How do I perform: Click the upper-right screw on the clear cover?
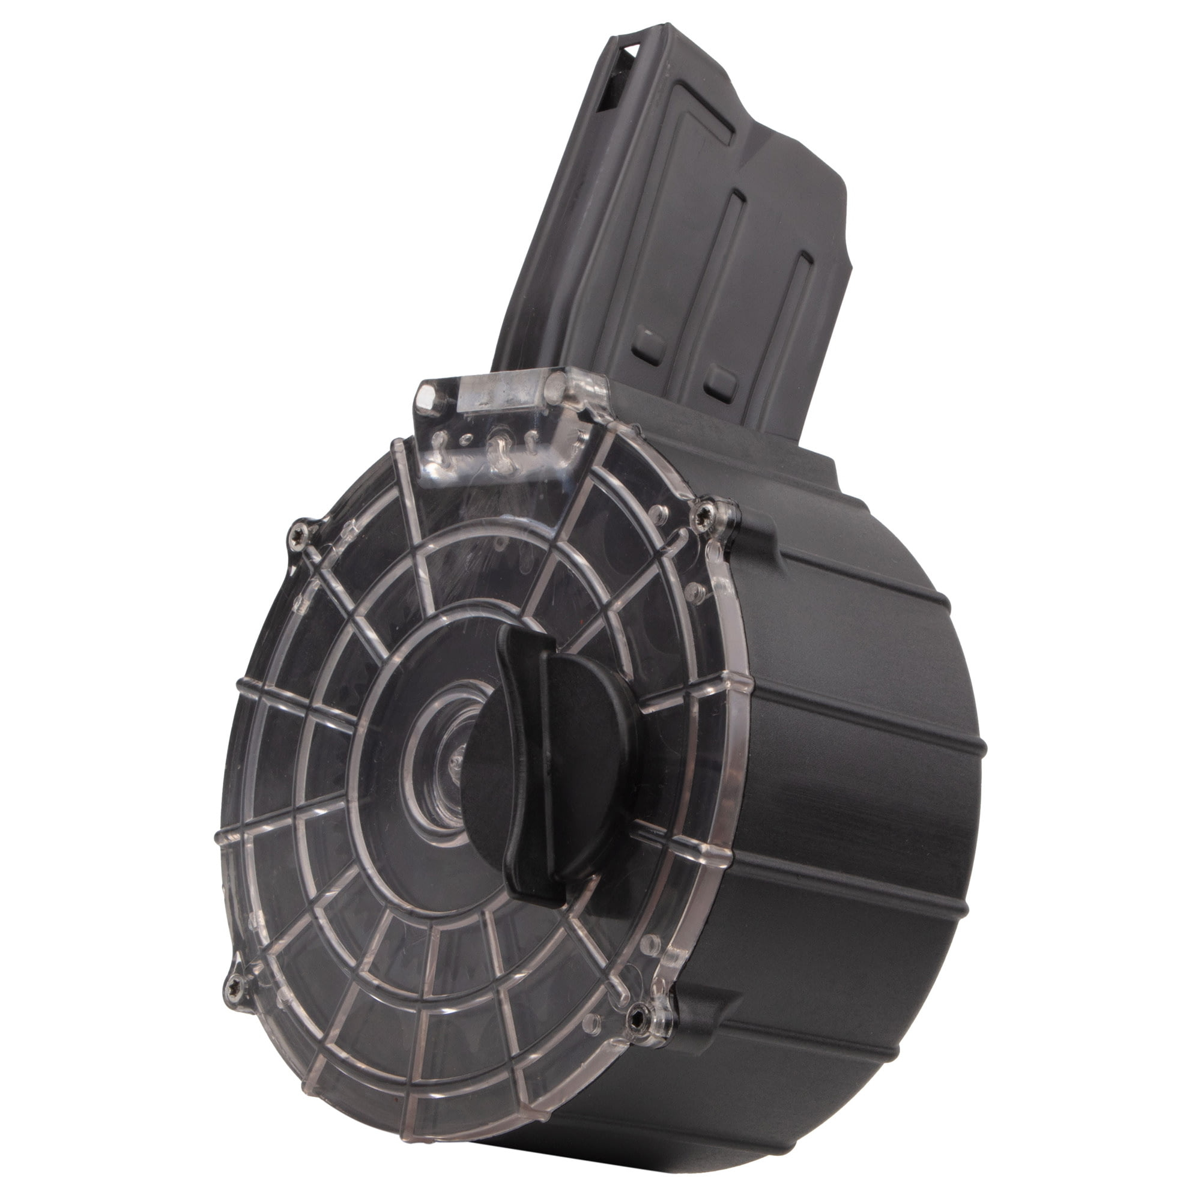point(719,513)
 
